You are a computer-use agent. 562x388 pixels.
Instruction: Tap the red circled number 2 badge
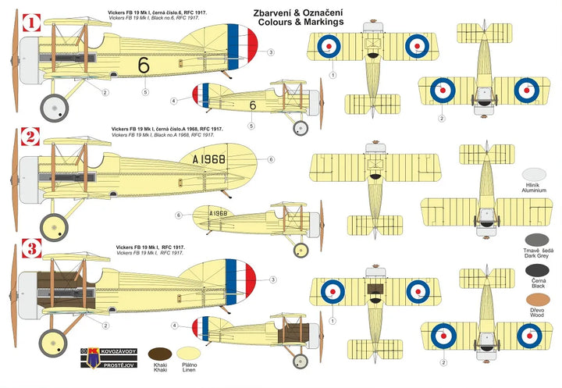coord(30,137)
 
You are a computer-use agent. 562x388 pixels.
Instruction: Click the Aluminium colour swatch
coord(534,176)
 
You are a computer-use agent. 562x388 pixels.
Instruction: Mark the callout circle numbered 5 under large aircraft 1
coord(145,92)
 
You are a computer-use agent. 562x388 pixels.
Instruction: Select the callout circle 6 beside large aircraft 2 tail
coord(271,159)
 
